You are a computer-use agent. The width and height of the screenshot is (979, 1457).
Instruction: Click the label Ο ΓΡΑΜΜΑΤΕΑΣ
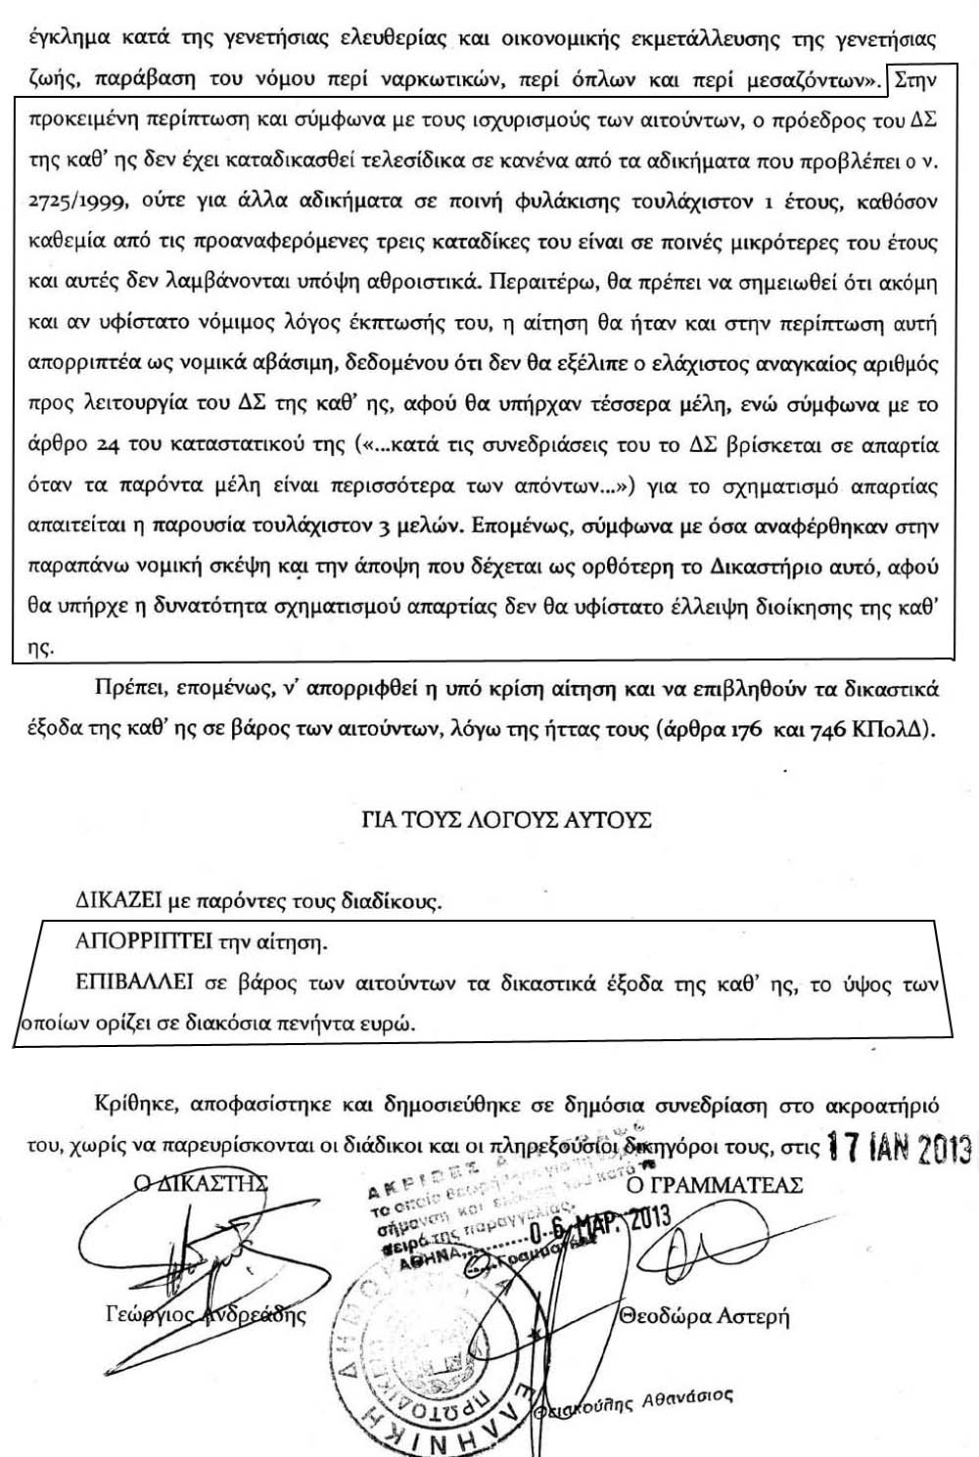tap(714, 1185)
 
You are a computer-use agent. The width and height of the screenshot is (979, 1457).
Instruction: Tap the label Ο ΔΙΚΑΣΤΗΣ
tap(202, 1182)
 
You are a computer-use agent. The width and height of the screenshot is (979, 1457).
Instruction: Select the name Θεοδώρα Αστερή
tap(705, 1316)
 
